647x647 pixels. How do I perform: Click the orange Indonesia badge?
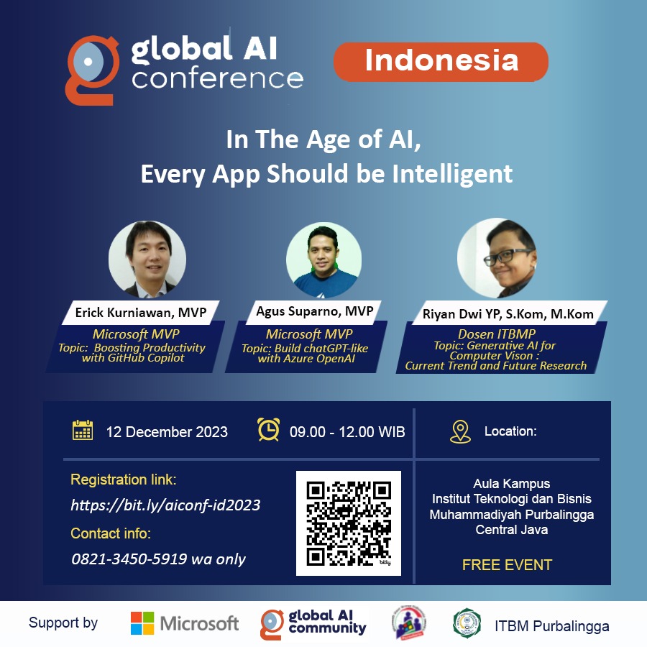coord(441,62)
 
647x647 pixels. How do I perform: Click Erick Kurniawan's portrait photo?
coord(147,259)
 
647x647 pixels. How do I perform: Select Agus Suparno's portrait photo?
coord(324,260)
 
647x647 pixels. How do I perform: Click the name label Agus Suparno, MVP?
coord(315,311)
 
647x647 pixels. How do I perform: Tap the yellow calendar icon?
coord(83,431)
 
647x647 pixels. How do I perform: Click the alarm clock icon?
coord(269,430)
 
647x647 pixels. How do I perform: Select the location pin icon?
coord(460,431)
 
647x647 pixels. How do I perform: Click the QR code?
coord(349,523)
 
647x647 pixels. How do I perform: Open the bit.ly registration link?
coord(165,505)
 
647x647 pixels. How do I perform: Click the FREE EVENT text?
coord(507,565)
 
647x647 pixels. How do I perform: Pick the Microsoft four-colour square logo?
coord(142,623)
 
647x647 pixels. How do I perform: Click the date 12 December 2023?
coord(167,432)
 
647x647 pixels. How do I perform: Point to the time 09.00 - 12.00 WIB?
coord(347,432)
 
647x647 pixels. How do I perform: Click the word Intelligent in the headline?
coord(452,174)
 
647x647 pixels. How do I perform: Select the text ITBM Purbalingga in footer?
coord(552,626)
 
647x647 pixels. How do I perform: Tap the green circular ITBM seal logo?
coord(467,623)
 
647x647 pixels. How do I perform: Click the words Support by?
coord(63,623)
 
